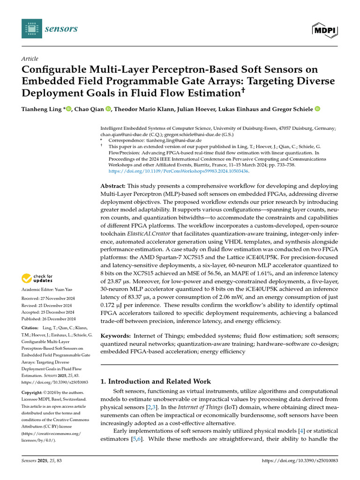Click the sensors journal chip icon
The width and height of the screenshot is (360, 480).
coord(31,29)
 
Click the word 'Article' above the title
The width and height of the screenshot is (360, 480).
coord(30,59)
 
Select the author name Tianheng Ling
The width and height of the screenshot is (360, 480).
coord(40,109)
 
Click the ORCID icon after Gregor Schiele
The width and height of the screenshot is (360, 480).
coord(317,109)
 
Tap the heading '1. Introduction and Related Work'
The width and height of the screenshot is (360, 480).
coord(156,382)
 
